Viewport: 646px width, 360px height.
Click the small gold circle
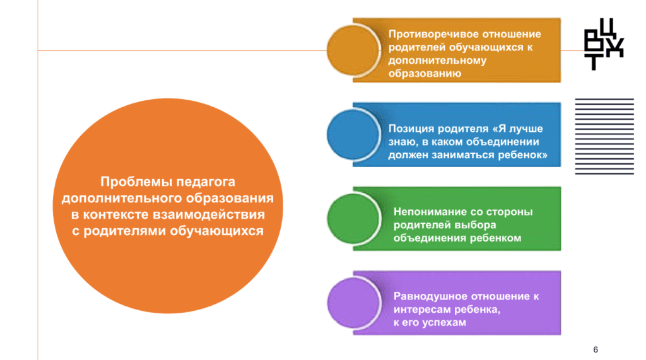coord(353,50)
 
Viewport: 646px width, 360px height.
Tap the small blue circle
coord(353,134)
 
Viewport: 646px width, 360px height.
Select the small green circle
coord(353,219)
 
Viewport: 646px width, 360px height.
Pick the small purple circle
coord(353,303)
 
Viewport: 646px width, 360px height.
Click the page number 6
coord(596,350)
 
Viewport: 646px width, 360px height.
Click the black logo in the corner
coord(604,44)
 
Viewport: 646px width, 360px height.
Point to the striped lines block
coord(604,136)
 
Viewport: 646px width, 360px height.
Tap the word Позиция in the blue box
coord(411,129)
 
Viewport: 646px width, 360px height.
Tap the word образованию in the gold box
coord(425,74)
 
